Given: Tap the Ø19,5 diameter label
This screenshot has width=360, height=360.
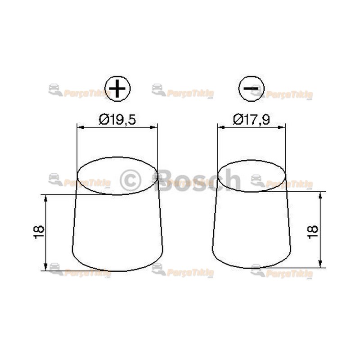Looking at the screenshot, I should [117, 119].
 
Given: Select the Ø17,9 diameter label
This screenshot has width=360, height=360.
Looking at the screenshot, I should [252, 119].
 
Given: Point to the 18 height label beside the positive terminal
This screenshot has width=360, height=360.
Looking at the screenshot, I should [39, 232].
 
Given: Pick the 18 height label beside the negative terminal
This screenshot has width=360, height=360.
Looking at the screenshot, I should [313, 229].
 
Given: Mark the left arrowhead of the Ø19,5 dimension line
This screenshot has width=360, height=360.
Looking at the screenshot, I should [80, 128].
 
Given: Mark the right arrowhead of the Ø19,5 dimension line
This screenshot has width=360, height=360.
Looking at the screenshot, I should [155, 128].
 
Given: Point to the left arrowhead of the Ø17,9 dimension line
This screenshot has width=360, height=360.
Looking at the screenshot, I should [220, 128].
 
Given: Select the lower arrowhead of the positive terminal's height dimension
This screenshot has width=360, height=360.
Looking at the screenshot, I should [46, 268].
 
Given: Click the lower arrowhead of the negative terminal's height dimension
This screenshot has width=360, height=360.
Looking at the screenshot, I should [320, 265].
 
